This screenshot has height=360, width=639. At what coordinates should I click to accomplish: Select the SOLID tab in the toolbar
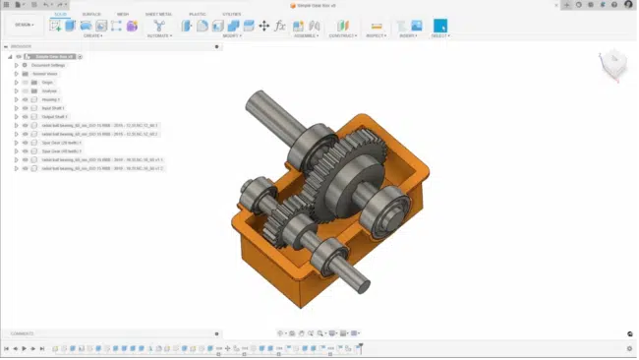point(61,14)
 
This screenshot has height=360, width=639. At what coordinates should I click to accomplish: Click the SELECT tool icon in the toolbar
point(439,26)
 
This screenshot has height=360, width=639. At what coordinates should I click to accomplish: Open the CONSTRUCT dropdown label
point(342,36)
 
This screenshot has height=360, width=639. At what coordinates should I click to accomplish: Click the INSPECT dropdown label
point(376,36)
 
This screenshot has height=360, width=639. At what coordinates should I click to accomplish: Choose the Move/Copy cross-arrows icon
point(263,26)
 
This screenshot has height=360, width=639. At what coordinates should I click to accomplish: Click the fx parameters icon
point(279,26)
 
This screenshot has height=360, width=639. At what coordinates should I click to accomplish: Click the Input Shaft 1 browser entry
point(45,108)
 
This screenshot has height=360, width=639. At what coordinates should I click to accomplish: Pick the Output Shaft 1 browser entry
point(46,117)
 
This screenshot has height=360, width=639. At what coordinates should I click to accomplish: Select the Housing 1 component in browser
point(44,99)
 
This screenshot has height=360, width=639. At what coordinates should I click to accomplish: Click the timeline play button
point(24,348)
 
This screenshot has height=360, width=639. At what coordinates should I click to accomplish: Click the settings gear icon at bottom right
point(629,348)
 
